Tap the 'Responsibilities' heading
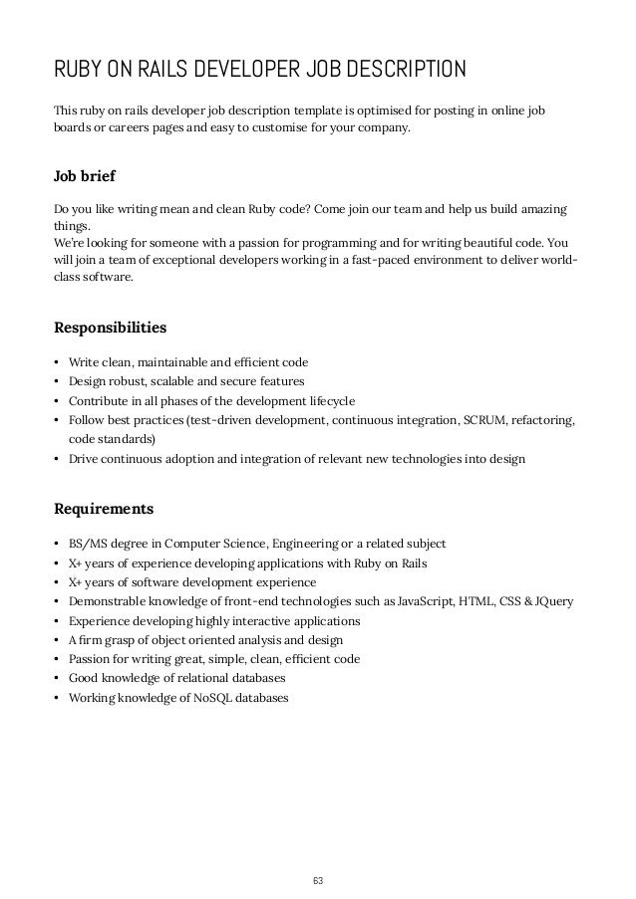[x=110, y=327]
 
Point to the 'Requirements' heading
[x=103, y=509]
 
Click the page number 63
[x=318, y=853]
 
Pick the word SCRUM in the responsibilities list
[x=481, y=420]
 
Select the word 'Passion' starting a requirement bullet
[x=91, y=659]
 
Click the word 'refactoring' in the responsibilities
[x=542, y=420]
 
